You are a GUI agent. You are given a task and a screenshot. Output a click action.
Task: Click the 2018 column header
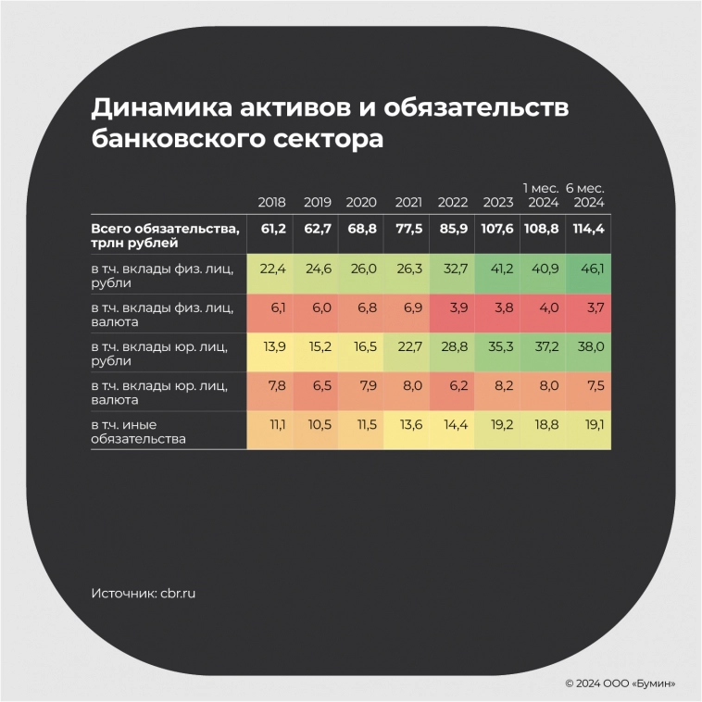pos(272,202)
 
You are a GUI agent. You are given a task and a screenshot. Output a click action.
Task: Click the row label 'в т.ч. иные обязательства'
pos(139,431)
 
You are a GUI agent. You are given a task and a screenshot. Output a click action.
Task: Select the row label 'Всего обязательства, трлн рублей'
pos(166,234)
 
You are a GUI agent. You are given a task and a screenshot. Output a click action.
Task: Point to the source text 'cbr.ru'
pos(179,592)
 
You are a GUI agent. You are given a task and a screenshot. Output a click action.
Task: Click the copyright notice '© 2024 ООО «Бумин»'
pos(620,683)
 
